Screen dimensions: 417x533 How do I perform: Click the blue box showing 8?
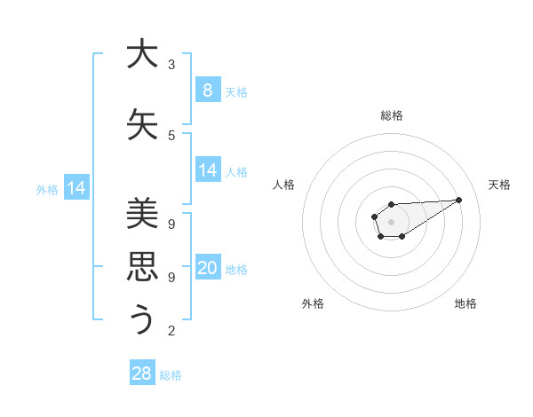(207, 90)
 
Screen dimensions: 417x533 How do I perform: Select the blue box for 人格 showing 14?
(207, 170)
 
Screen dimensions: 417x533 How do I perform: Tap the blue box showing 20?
(207, 268)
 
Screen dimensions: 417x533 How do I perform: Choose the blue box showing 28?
(142, 374)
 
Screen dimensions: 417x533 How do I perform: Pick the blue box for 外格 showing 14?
(76, 188)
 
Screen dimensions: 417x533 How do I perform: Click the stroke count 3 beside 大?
(171, 65)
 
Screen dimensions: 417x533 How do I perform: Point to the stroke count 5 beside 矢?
(171, 136)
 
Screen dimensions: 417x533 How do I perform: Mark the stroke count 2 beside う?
(171, 331)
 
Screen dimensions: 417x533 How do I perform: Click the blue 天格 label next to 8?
(236, 92)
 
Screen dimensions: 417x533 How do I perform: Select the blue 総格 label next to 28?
(171, 375)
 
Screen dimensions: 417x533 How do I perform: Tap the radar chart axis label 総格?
(392, 115)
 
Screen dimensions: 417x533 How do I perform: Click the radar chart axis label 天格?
(500, 185)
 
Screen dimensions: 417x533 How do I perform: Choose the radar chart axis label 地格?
(465, 303)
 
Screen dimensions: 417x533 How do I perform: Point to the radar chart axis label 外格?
(313, 303)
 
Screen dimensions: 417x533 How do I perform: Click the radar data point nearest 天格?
(459, 199)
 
